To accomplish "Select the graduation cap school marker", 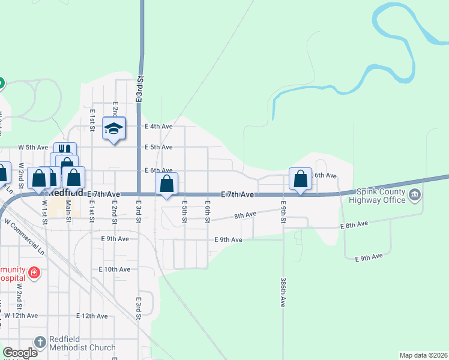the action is pyautogui.click(x=113, y=128).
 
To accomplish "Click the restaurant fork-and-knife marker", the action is pyautogui.click(x=65, y=149).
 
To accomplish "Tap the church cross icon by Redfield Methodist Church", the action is pyautogui.click(x=40, y=343).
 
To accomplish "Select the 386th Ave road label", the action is pyautogui.click(x=283, y=292).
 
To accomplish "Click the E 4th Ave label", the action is pyautogui.click(x=159, y=127).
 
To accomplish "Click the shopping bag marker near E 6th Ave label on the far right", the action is pyautogui.click(x=300, y=178).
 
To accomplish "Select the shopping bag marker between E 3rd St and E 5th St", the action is pyautogui.click(x=167, y=183).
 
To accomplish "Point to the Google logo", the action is pyautogui.click(x=20, y=353).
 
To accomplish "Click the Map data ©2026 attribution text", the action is pyautogui.click(x=423, y=355).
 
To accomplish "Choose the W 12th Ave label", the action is pyautogui.click(x=21, y=315).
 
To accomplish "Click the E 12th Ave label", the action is pyautogui.click(x=91, y=316).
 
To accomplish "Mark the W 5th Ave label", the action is pyautogui.click(x=33, y=147).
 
